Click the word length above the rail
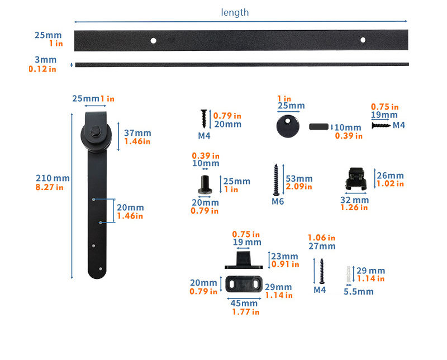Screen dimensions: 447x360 (x=235, y=12)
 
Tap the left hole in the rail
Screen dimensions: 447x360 (x=153, y=40)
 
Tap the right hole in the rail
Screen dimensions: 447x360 (x=363, y=40)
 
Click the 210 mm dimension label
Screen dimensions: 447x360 (x=53, y=178)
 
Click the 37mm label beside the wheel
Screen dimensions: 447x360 (x=137, y=133)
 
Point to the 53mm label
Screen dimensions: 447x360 (x=298, y=178)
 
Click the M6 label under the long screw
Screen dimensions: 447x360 (x=278, y=201)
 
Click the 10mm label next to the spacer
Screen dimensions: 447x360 (x=348, y=127)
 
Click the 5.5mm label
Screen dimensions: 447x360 (x=358, y=291)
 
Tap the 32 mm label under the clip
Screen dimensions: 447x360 (x=354, y=200)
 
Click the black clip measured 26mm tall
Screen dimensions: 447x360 (x=354, y=178)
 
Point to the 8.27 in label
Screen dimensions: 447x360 (x=49, y=187)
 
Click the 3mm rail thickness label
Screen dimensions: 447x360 (x=45, y=59)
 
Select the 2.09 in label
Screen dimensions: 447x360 (x=299, y=187)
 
